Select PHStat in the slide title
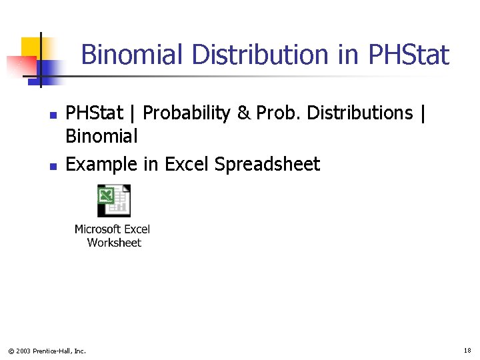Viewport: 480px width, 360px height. [x=408, y=55]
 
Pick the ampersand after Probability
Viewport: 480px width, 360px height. [x=244, y=113]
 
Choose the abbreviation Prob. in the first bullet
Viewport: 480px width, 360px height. [x=275, y=113]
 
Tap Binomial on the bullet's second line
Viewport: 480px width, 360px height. [x=101, y=137]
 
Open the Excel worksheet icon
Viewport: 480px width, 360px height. [x=114, y=201]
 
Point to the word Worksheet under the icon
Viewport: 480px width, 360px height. [x=114, y=243]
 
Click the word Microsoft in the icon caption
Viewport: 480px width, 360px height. [x=96, y=229]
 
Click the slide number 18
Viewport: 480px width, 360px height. [x=467, y=350]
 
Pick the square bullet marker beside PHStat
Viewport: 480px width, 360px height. [x=53, y=115]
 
